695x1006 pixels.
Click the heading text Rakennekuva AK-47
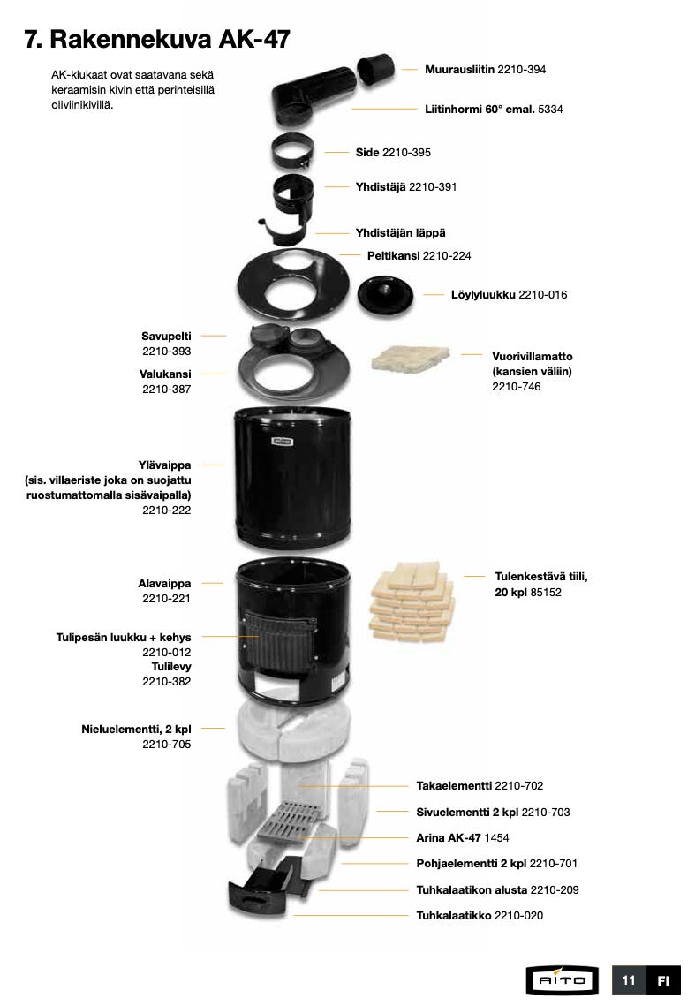pyautogui.click(x=170, y=39)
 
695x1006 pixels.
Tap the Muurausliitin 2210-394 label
pyautogui.click(x=485, y=69)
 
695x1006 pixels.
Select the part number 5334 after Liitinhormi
pyautogui.click(x=550, y=109)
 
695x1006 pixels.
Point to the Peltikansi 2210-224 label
pyautogui.click(x=419, y=255)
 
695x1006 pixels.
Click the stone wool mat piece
pyautogui.click(x=410, y=359)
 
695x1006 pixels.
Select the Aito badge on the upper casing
pyautogui.click(x=283, y=441)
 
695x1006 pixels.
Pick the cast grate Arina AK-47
pyautogui.click(x=287, y=821)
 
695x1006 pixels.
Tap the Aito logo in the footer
pyautogui.click(x=563, y=980)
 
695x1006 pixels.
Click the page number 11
pyautogui.click(x=628, y=980)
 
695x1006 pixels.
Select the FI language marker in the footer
pyautogui.click(x=663, y=980)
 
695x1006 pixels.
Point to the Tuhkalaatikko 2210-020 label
pyautogui.click(x=480, y=916)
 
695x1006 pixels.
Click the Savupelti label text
pyautogui.click(x=166, y=337)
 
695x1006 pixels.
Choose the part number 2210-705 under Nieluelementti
pyautogui.click(x=167, y=745)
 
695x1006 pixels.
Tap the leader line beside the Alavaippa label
pyautogui.click(x=213, y=583)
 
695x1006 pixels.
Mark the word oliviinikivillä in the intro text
pyautogui.click(x=82, y=105)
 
